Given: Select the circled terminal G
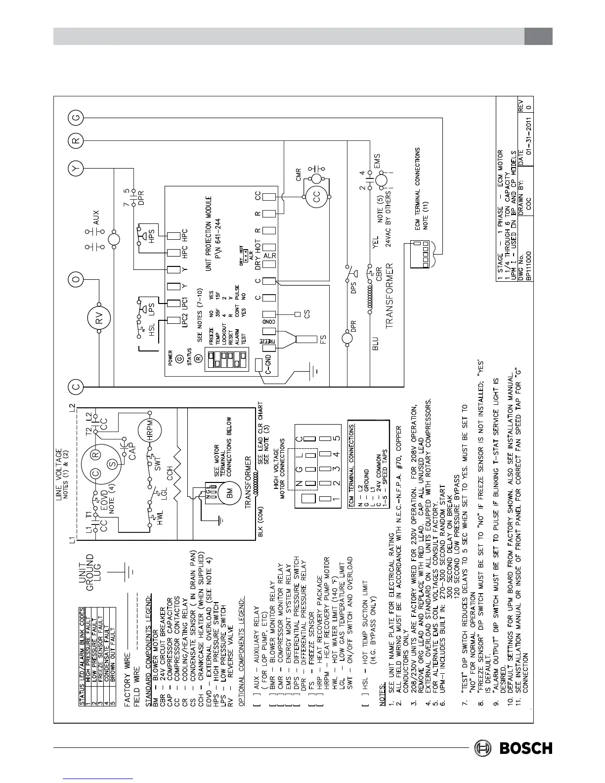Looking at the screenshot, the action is [x=77, y=118].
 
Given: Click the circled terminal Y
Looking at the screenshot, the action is [x=76, y=170].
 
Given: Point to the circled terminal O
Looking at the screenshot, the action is [x=76, y=280].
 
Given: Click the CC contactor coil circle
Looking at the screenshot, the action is [x=317, y=197].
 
